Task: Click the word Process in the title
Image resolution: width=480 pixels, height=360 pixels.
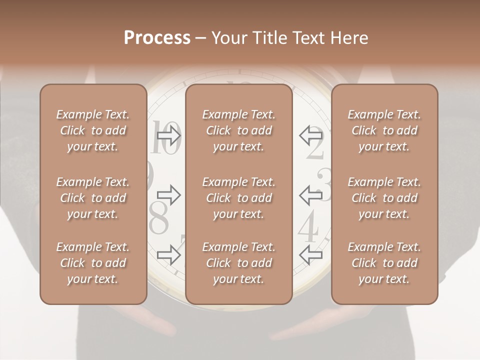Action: coord(157,38)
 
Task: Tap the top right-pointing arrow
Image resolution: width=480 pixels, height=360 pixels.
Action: coord(169,135)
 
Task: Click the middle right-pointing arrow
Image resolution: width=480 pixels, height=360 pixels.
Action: coord(169,195)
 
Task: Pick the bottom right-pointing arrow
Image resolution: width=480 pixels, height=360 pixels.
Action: coord(169,255)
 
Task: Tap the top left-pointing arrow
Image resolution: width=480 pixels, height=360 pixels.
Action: coord(311,135)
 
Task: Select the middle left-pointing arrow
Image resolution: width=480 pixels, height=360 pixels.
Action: coord(311,195)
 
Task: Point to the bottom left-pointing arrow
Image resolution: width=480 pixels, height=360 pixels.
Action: coord(311,255)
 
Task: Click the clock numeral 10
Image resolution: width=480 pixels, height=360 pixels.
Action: coord(165,138)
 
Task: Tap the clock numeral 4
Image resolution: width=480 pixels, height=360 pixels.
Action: coord(308,227)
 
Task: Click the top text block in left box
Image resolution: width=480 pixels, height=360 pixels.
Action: coord(93,130)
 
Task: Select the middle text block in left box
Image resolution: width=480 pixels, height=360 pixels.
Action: coord(93,198)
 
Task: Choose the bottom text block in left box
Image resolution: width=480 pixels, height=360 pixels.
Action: coord(93,263)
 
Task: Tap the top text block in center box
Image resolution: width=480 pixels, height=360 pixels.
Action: coord(238,130)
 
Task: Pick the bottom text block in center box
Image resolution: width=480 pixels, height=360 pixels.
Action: coord(238,263)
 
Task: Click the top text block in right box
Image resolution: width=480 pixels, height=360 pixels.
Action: coord(384,130)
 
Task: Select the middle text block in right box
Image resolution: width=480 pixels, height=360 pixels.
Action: coord(384,198)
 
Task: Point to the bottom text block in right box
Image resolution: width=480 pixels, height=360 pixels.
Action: coord(384,263)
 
